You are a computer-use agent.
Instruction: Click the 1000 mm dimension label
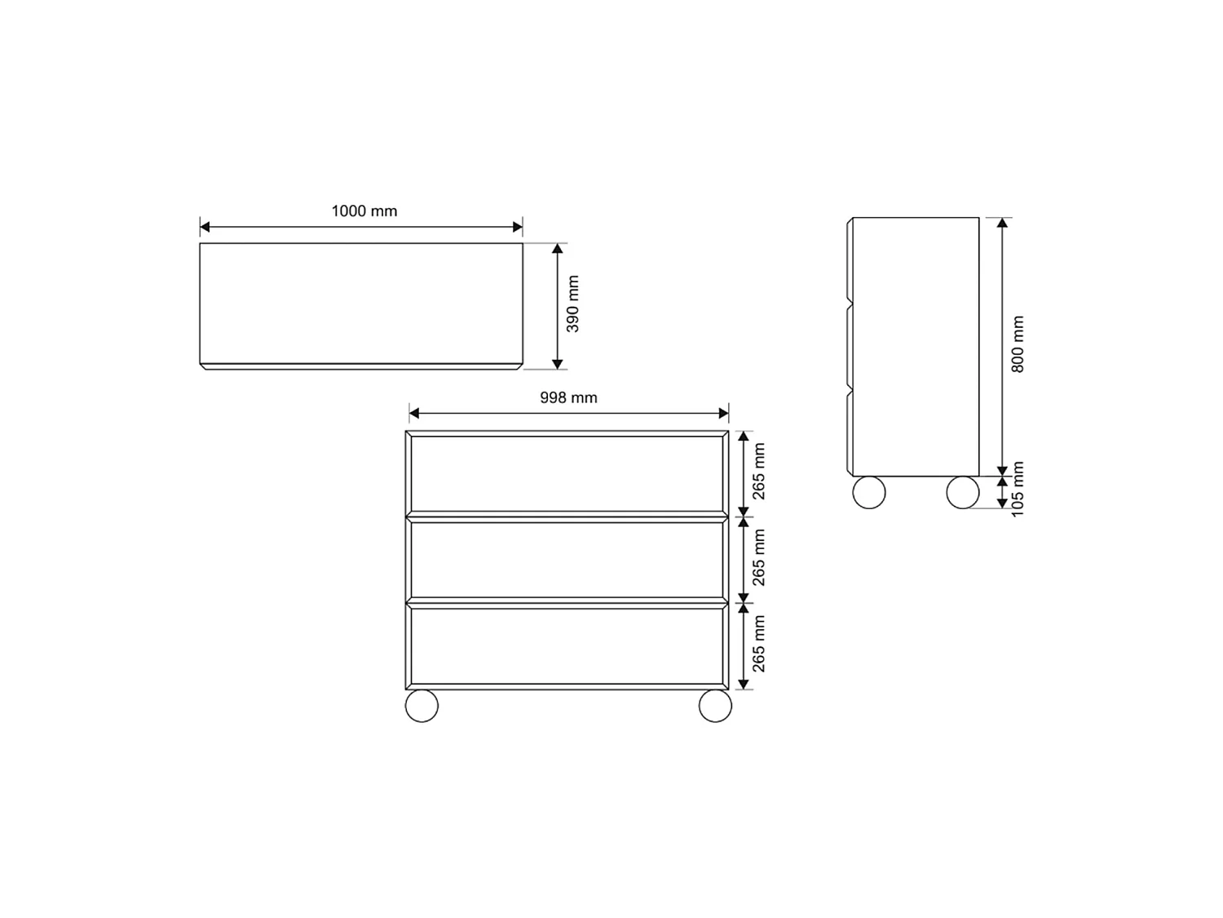coord(364,211)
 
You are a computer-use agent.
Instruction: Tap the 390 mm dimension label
coord(572,304)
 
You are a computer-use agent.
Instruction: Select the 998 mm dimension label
coord(568,397)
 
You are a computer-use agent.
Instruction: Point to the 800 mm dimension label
coord(1017,344)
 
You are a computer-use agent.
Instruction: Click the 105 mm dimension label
coord(1017,489)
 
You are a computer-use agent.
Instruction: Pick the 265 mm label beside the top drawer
coord(758,472)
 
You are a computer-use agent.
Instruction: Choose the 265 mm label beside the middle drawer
coord(758,557)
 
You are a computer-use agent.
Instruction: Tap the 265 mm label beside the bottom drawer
coord(758,644)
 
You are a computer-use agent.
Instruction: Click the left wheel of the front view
coord(422,706)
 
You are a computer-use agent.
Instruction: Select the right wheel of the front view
coord(715,706)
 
